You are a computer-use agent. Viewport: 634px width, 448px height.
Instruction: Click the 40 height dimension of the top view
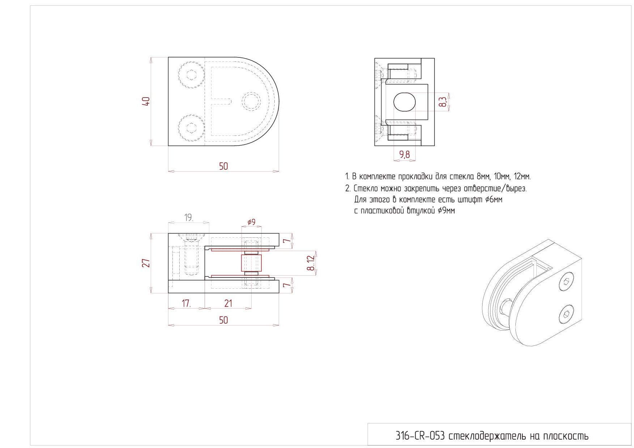pos(146,101)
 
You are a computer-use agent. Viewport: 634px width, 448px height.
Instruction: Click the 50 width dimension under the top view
pos(224,166)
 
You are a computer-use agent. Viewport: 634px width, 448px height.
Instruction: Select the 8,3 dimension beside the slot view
pos(443,102)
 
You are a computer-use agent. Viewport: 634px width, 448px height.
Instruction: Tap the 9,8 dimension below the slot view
pos(404,155)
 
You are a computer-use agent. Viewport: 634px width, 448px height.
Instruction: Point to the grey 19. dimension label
pos(189,217)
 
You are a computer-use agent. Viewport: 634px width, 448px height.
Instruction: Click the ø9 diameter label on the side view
pos(252,222)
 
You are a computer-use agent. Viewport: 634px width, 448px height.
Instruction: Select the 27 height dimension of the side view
pos(146,263)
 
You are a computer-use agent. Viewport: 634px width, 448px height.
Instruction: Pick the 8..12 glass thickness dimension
pos(311,263)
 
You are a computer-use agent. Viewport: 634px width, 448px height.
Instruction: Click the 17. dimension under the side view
pos(187,303)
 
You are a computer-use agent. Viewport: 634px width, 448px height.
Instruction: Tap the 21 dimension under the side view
pos(228,303)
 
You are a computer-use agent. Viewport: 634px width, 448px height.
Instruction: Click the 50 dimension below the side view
pos(224,320)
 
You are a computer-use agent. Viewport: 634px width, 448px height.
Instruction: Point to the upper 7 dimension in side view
pos(287,241)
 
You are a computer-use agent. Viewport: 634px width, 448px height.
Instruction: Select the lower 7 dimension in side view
pos(287,285)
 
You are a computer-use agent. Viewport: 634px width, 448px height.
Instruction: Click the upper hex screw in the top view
pos(191,75)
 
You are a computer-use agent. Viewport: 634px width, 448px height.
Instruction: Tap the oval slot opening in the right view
pos(404,102)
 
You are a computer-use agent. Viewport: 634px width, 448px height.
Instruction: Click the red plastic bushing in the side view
pos(251,263)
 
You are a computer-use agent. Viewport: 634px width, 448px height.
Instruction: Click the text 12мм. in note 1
pos(522,177)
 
